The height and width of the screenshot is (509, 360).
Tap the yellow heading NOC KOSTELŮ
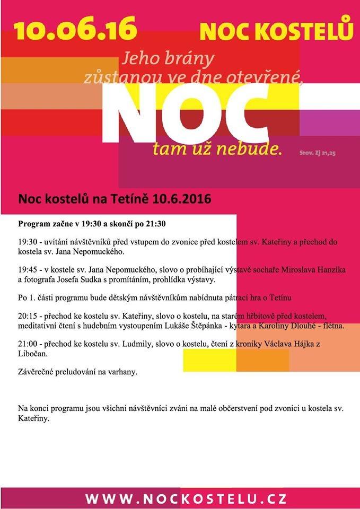[x=276, y=31]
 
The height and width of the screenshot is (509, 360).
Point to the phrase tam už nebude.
[x=216, y=148]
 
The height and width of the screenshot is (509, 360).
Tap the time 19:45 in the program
[x=28, y=270]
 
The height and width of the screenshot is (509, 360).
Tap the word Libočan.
[x=34, y=354]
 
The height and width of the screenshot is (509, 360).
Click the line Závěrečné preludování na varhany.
[x=77, y=372]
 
